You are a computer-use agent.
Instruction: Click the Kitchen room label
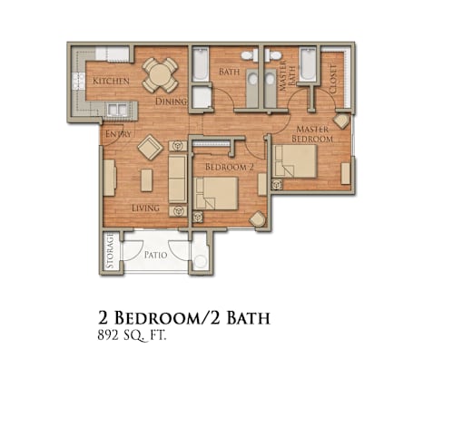111,81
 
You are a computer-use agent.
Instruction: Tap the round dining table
160,75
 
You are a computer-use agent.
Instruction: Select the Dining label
171,102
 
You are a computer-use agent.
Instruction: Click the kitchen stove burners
78,82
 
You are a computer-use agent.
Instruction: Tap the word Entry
118,134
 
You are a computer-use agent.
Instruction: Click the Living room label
145,208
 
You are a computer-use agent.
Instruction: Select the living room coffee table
146,180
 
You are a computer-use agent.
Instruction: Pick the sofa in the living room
177,179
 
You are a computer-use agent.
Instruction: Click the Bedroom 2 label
229,167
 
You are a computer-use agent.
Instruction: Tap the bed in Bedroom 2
216,193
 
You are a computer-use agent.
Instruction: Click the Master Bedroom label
312,134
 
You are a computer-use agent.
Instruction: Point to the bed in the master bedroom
295,161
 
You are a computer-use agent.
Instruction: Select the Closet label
333,79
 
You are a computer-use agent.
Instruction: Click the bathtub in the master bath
309,63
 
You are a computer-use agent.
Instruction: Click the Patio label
155,255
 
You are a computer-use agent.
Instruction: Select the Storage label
110,250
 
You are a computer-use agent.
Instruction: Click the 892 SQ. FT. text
132,335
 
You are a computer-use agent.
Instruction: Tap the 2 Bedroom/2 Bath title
183,317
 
